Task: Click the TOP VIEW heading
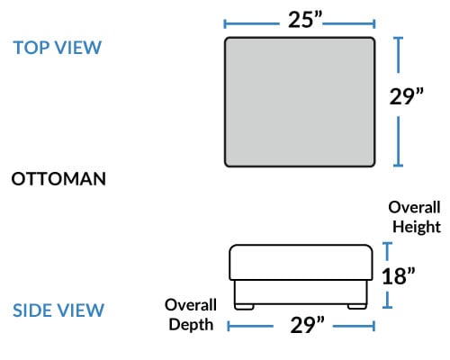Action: tap(58, 48)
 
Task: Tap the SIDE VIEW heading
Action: tap(58, 310)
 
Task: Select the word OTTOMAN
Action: tap(58, 179)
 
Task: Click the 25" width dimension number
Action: tap(305, 20)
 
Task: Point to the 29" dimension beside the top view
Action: tap(406, 96)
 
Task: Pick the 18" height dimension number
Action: tap(399, 276)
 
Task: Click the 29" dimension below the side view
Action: tap(307, 325)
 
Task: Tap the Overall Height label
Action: tap(415, 217)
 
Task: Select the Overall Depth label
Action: tap(191, 314)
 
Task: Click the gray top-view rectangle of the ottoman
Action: tap(300, 102)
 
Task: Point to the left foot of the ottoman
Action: tap(244, 307)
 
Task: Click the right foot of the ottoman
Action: tap(357, 307)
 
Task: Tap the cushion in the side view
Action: tap(301, 263)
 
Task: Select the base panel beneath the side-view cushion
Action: tap(301, 292)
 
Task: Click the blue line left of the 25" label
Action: tap(252, 23)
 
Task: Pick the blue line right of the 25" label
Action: tap(349, 23)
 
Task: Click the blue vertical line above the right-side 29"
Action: tap(398, 55)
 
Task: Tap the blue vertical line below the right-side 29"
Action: tap(398, 141)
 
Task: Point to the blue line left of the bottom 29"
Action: tap(250, 326)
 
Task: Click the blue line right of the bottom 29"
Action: tap(354, 326)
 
